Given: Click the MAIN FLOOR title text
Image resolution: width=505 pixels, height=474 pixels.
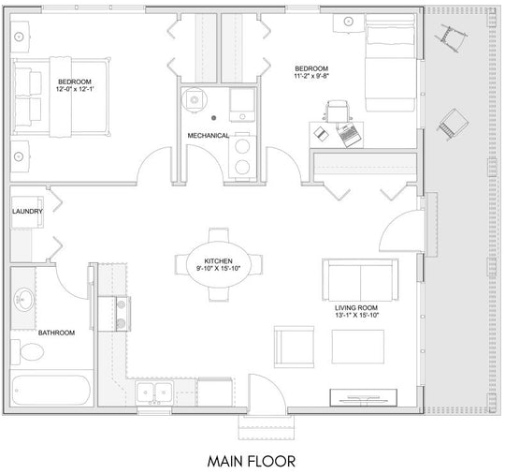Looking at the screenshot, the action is [x=252, y=461].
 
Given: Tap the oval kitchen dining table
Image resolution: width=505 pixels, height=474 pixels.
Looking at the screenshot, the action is [x=218, y=264].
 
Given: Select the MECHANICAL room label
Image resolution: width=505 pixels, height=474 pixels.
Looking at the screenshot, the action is [x=208, y=136].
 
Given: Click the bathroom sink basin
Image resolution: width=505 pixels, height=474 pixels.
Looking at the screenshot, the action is [x=23, y=300].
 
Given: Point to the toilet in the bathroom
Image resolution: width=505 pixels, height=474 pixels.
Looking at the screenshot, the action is [x=27, y=351].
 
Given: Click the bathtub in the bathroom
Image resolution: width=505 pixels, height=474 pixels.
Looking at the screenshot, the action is [x=50, y=390].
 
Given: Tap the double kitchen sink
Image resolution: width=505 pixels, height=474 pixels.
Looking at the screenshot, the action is [x=154, y=392].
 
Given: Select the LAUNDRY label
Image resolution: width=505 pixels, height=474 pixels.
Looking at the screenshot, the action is [x=27, y=212].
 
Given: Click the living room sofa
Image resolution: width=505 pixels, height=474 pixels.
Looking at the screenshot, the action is [x=360, y=280].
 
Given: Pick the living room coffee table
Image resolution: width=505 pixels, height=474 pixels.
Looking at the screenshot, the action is [x=358, y=347].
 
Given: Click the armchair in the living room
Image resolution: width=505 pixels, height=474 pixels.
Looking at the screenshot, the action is [x=294, y=347].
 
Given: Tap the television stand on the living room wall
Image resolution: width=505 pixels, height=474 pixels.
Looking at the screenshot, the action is [x=363, y=397].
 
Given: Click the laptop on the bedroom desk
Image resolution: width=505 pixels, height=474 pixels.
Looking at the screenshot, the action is [x=347, y=133].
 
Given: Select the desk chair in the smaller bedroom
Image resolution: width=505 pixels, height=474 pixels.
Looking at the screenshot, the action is [x=337, y=111].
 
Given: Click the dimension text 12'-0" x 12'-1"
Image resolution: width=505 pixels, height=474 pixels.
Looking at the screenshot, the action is [x=75, y=89].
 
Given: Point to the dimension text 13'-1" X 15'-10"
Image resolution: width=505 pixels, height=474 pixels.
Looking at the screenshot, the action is [x=356, y=316].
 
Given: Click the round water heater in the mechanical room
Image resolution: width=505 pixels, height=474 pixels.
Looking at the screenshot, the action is [x=194, y=100].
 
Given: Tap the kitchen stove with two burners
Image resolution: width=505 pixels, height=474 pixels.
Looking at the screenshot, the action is [x=114, y=314].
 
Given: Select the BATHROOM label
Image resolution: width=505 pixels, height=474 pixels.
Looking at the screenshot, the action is [x=56, y=333].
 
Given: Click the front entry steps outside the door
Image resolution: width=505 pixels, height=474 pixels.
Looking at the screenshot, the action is [x=267, y=427].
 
